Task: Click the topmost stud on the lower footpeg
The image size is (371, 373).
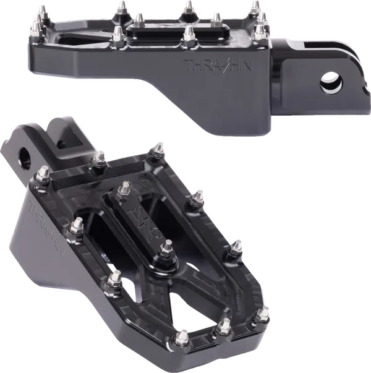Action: pos(159,148)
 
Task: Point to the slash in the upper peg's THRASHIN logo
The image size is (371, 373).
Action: pos(223,64)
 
